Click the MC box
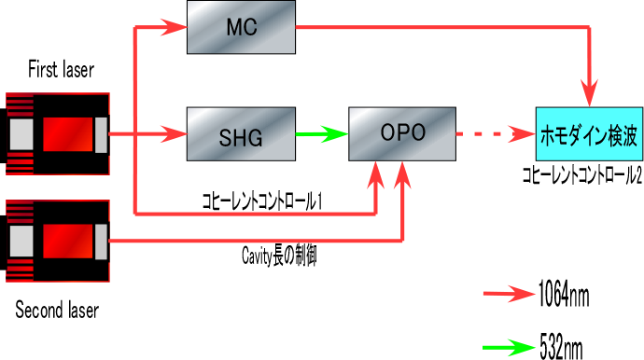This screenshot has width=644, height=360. pyautogui.click(x=241, y=27)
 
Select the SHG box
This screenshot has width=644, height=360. pyautogui.click(x=241, y=134)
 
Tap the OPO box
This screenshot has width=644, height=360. pyautogui.click(x=402, y=134)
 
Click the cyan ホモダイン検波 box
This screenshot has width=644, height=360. pyautogui.click(x=589, y=134)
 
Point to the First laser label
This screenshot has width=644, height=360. pyautogui.click(x=61, y=69)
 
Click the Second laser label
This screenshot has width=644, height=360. pyautogui.click(x=57, y=310)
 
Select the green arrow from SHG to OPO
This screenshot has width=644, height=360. pyautogui.click(x=322, y=134)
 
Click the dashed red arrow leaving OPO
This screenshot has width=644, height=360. pyautogui.click(x=496, y=134)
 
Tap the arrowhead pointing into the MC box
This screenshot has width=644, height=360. pyautogui.click(x=175, y=27)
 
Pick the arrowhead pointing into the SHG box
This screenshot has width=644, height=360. pyautogui.click(x=175, y=134)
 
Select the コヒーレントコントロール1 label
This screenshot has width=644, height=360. pyautogui.click(x=262, y=201)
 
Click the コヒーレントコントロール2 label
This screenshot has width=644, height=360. pyautogui.click(x=582, y=175)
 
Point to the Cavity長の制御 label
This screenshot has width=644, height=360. pyautogui.click(x=279, y=256)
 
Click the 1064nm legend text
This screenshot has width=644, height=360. pyautogui.click(x=564, y=294)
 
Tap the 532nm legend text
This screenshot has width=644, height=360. pyautogui.click(x=562, y=347)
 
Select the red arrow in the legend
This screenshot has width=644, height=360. pyautogui.click(x=510, y=294)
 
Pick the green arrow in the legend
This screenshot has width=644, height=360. pyautogui.click(x=510, y=348)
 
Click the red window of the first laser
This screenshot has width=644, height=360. pyautogui.click(x=68, y=134)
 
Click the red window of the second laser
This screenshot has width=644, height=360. pyautogui.click(x=68, y=242)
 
